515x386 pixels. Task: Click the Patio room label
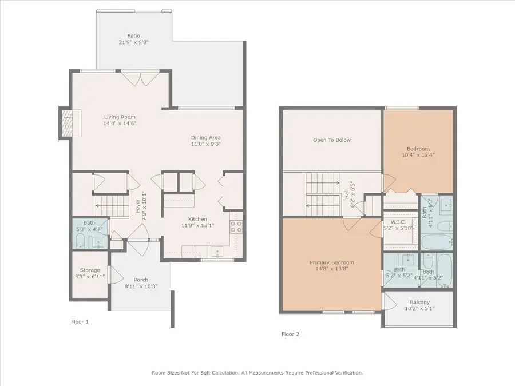click(x=133, y=35)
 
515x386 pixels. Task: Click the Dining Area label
click(x=205, y=137)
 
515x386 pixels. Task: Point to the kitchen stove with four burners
click(x=237, y=226)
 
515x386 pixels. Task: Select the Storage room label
click(x=90, y=270)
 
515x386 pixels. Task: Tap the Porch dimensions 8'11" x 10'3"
click(x=141, y=286)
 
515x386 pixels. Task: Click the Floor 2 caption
click(x=291, y=334)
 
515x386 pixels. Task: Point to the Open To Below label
click(x=331, y=140)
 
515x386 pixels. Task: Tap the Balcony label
click(x=419, y=303)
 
